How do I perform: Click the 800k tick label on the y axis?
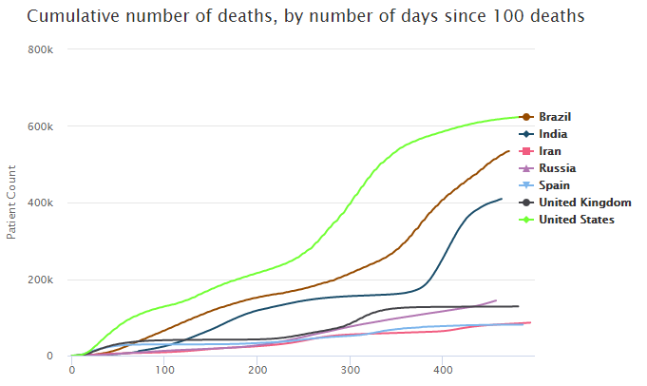coord(50,49)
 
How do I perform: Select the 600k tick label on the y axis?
coord(50,126)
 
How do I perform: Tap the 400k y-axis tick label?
coord(50,203)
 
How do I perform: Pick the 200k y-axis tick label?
coord(50,280)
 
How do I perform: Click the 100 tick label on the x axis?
coord(164,371)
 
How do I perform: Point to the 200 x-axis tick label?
coord(257,371)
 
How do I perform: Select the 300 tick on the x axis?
coord(350,371)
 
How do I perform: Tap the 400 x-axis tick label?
coord(443,371)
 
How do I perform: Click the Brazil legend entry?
coord(555,117)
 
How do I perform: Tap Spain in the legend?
coord(554,185)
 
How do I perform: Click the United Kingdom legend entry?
coord(584,203)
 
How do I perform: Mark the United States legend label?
coord(577,220)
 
